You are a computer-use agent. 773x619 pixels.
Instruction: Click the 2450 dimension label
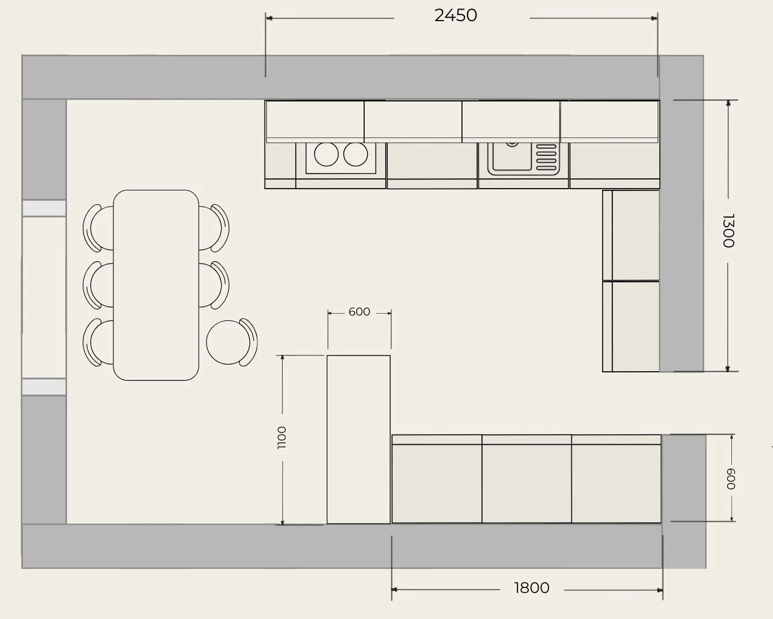(455, 16)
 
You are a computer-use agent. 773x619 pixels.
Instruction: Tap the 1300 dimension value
(728, 230)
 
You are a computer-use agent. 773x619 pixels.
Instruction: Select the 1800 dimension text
(531, 588)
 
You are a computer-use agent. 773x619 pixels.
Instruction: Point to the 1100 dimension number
(282, 438)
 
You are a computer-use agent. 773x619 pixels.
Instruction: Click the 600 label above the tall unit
(359, 311)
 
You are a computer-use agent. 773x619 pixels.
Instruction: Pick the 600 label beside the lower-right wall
(731, 479)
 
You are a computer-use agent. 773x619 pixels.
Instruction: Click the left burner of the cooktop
(326, 154)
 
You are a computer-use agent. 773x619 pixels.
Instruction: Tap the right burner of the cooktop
(356, 154)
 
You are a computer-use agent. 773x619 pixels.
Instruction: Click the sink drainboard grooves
(546, 157)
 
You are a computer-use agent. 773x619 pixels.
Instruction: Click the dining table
(156, 285)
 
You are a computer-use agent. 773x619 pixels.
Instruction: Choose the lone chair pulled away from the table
(232, 342)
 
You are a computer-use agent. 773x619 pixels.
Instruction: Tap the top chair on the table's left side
(98, 228)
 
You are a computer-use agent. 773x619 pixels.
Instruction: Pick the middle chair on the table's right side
(214, 285)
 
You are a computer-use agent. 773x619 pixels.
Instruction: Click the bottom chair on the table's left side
(98, 342)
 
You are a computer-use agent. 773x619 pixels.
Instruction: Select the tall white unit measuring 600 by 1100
(359, 439)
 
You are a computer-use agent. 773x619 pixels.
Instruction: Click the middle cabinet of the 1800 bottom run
(527, 479)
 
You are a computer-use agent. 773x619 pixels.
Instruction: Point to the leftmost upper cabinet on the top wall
(315, 122)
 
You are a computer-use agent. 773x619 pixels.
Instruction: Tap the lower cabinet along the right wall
(631, 326)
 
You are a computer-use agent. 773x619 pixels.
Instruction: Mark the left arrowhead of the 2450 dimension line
(269, 18)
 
